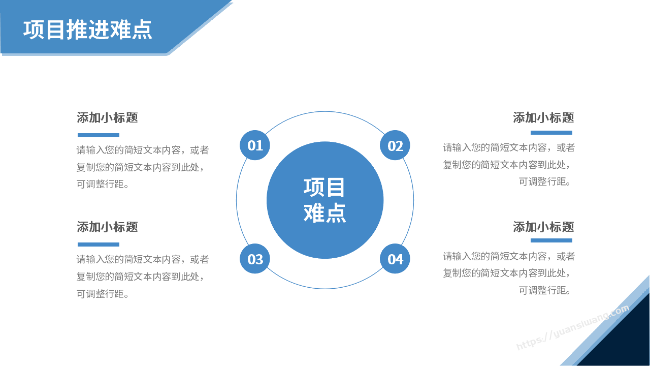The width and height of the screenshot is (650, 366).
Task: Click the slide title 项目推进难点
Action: click(x=88, y=29)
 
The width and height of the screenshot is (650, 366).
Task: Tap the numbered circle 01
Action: click(x=255, y=145)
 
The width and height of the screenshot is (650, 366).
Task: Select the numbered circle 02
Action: click(x=395, y=145)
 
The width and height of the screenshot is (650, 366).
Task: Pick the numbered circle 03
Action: click(x=255, y=259)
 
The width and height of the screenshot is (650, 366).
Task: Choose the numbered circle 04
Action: click(x=395, y=259)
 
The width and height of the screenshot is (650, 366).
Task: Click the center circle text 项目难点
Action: click(x=324, y=200)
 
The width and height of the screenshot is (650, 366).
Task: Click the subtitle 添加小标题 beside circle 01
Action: click(x=107, y=117)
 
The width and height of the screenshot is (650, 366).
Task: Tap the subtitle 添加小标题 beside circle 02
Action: click(x=543, y=117)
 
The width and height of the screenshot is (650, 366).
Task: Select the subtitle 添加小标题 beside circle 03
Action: click(x=107, y=227)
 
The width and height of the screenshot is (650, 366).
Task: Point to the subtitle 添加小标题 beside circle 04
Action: click(x=543, y=227)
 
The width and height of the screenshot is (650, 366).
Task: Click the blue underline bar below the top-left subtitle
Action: click(x=99, y=135)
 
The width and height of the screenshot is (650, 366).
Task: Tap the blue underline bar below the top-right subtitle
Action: click(x=551, y=133)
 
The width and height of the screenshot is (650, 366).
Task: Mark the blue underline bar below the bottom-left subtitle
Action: click(x=99, y=245)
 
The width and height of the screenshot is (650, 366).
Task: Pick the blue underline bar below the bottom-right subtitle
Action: click(x=551, y=240)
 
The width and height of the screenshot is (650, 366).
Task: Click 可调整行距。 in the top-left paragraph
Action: click(x=103, y=184)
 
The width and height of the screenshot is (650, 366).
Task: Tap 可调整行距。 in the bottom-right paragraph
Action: click(x=545, y=290)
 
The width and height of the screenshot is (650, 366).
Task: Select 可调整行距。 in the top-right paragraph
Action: click(x=545, y=182)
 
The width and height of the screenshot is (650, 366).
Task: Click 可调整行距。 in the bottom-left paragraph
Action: click(x=103, y=294)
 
